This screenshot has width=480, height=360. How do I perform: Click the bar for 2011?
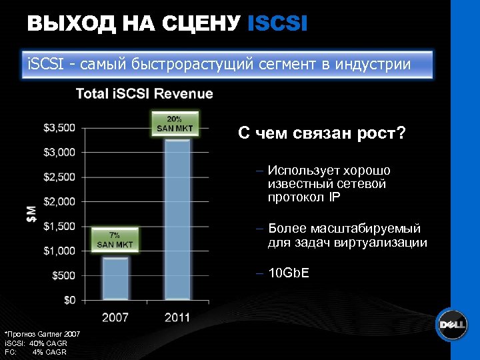tap(177, 220)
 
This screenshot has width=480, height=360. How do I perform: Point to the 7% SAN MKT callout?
tap(115, 239)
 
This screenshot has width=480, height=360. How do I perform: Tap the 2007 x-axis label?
tap(115, 318)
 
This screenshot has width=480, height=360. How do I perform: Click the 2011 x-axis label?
tap(177, 318)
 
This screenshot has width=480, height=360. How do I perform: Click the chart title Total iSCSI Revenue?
tap(144, 94)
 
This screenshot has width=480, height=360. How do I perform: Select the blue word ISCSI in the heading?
tap(277, 25)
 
